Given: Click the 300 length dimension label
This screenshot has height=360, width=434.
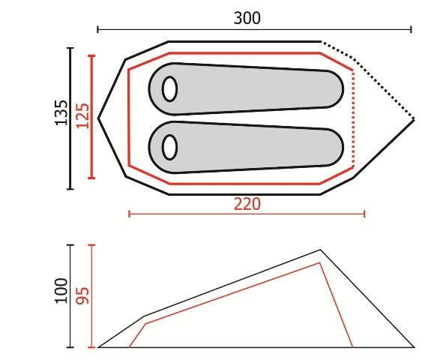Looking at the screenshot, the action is [247, 18].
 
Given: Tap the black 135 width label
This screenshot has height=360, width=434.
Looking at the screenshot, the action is [61, 112].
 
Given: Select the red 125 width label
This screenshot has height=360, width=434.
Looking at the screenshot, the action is [82, 115].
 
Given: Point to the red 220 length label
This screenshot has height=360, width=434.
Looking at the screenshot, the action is [247, 204].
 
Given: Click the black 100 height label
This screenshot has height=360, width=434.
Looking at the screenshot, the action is [61, 291].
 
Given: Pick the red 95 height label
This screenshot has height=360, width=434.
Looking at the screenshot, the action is [82, 295].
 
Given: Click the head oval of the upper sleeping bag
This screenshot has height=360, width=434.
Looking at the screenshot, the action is [169, 89].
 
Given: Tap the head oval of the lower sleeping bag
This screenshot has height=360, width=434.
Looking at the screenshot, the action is [169, 147].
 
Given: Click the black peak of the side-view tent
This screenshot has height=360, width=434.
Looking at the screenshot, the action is [320, 250].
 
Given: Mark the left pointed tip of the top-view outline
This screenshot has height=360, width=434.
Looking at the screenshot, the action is [98, 118].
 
